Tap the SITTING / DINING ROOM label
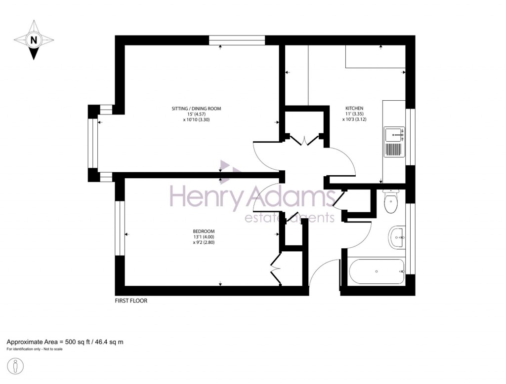coord(196,109)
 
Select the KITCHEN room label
coord(354,109)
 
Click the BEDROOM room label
coord(204,231)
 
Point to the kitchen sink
coord(394,142)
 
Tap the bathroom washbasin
coord(397,237)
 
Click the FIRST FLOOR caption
coord(131,301)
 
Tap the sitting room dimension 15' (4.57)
coord(196,114)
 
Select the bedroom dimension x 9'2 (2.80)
coord(204,242)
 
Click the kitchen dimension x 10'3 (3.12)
coord(354,119)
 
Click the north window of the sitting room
coord(237,40)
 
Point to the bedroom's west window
coord(120,228)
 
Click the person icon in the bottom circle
coord(16,367)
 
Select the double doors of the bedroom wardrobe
coord(275,268)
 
